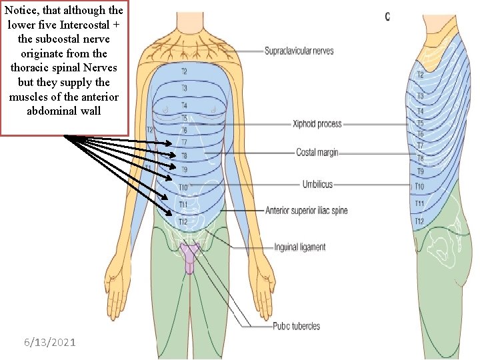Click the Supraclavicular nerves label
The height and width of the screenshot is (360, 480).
pos(299,51)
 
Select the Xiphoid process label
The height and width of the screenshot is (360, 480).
pos(317,123)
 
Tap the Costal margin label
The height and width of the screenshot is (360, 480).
pos(317,153)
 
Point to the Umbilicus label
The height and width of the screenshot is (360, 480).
pos(317,184)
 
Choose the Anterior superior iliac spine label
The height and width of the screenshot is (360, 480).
pos(306,211)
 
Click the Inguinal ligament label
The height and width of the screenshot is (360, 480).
pos(299,247)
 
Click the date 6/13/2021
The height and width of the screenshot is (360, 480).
pos(49,342)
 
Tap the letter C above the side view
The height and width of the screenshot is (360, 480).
pos(387,16)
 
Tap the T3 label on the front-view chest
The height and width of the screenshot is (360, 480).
pos(184,88)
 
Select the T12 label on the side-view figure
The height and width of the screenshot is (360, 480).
pos(419,221)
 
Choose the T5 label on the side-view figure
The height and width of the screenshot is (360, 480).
pos(420,123)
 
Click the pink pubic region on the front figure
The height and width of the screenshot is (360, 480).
pos(189,257)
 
